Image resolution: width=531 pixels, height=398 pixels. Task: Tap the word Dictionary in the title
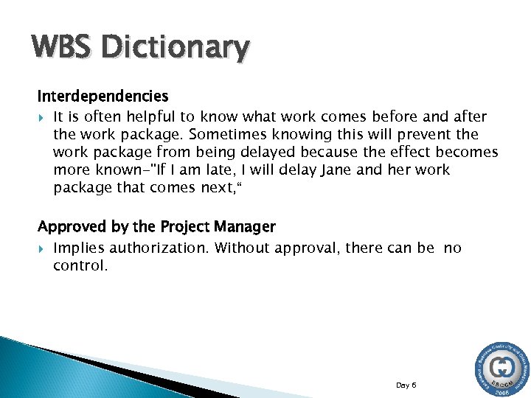pos(176,48)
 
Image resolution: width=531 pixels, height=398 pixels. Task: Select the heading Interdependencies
pos(103,97)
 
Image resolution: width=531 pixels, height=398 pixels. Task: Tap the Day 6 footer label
pos(406,364)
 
